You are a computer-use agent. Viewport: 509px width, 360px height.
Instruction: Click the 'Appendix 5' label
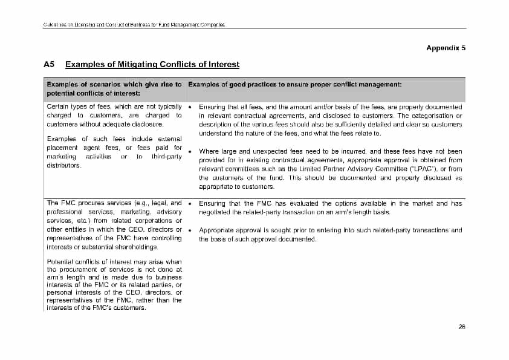click(446, 48)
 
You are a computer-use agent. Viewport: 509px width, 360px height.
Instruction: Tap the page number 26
click(462, 327)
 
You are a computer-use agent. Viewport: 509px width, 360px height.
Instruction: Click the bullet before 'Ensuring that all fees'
click(190, 106)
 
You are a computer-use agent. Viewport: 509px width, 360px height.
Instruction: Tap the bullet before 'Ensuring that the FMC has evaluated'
click(190, 204)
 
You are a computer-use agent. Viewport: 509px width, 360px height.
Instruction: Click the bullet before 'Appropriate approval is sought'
click(190, 231)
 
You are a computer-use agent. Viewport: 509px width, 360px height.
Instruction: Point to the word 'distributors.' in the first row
click(63, 165)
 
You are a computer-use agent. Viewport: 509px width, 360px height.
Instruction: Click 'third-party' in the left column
click(167, 157)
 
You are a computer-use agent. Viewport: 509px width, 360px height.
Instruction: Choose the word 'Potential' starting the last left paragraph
click(60, 262)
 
